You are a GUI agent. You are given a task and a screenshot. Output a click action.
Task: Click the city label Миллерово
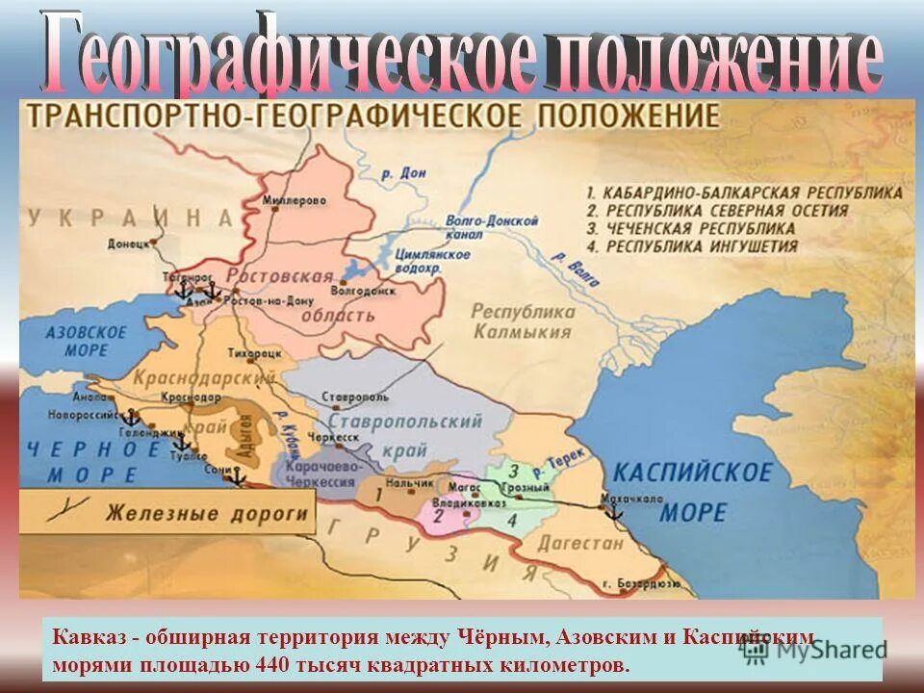coord(294,200)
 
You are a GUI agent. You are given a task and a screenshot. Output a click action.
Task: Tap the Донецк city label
coord(130,244)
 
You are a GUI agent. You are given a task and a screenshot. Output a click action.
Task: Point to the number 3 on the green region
coord(514,472)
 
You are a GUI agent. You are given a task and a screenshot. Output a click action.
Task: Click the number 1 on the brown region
coord(378,494)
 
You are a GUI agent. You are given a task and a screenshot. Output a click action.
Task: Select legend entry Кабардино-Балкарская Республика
coord(743,192)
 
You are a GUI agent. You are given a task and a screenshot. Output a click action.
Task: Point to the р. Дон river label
coord(402,174)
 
